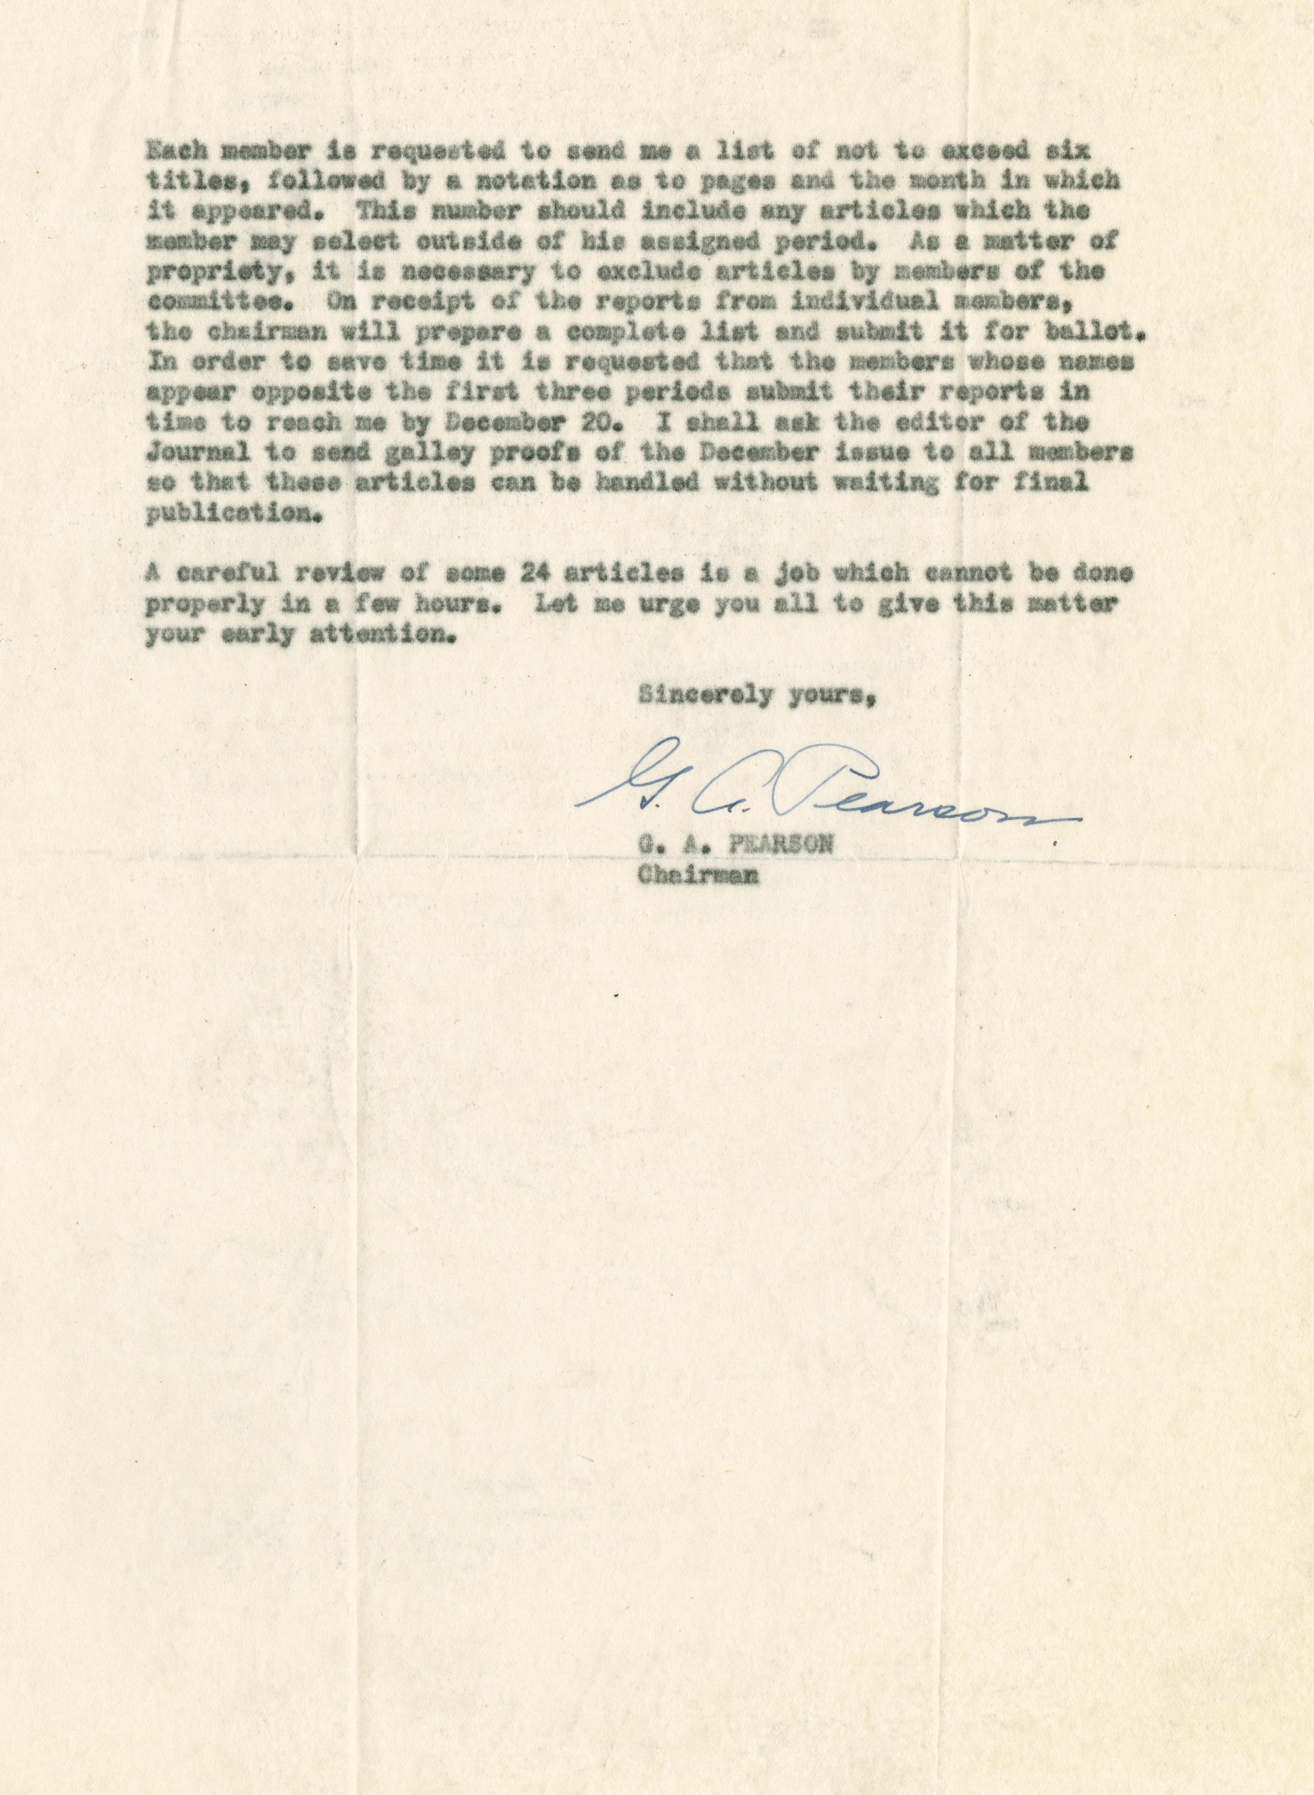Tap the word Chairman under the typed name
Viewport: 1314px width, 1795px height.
pos(697,876)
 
